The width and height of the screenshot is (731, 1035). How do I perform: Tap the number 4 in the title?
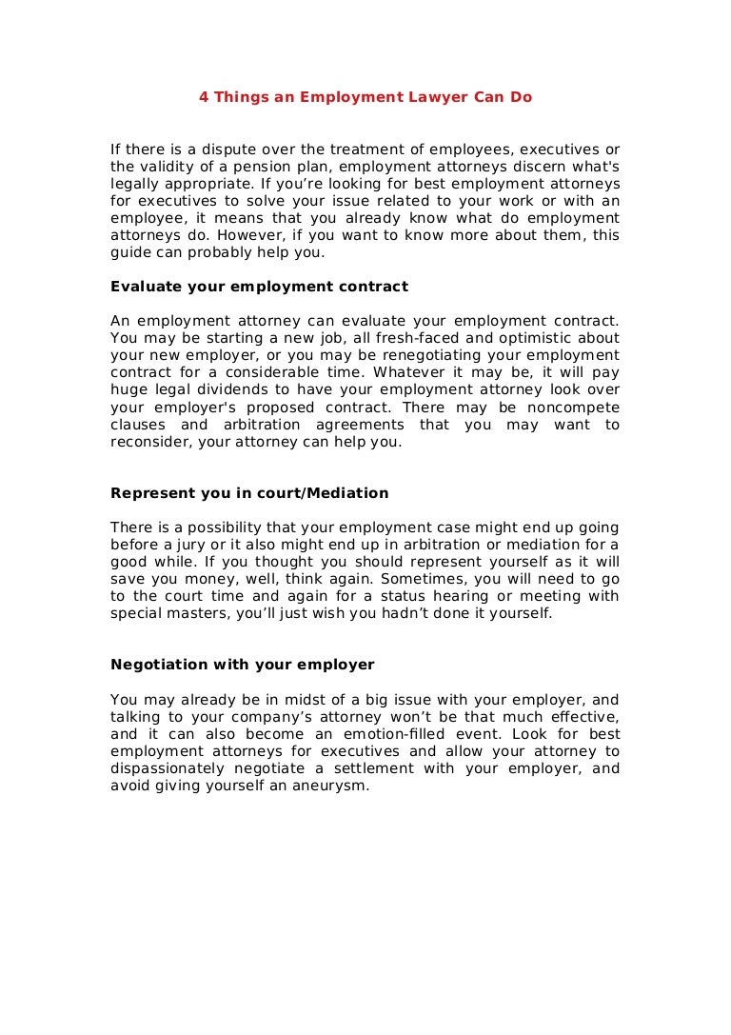pos(203,97)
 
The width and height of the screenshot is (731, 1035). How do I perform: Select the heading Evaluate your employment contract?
pos(259,286)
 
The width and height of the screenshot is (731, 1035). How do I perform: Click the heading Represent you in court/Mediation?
pos(249,492)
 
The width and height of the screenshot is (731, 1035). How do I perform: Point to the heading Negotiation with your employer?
pos(243,664)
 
